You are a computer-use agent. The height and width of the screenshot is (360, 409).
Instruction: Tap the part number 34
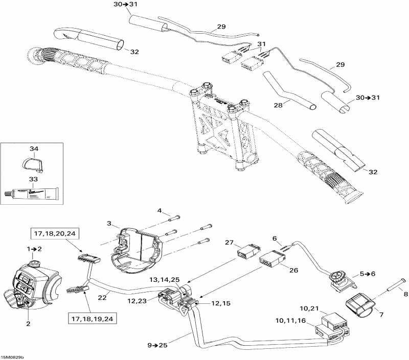pos(34,149)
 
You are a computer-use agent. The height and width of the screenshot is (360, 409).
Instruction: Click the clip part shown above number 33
pos(34,164)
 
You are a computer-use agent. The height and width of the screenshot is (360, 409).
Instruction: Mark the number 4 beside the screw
pos(159,211)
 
